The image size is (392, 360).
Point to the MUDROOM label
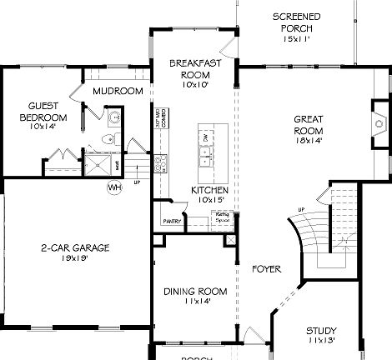pyautogui.click(x=118, y=91)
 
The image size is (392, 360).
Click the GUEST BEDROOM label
pyautogui.click(x=43, y=112)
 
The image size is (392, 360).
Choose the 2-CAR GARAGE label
pyautogui.click(x=75, y=247)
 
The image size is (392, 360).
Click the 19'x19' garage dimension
pyautogui.click(x=75, y=259)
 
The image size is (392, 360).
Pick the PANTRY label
pyautogui.click(x=173, y=222)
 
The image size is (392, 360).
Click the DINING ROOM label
pyautogui.click(x=195, y=291)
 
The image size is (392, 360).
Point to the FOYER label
pyautogui.click(x=266, y=269)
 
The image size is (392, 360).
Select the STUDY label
pyautogui.click(x=320, y=330)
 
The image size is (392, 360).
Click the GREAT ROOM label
pyautogui.click(x=308, y=124)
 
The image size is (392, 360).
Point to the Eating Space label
pyautogui.click(x=223, y=217)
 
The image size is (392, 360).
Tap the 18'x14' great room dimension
pyautogui.click(x=308, y=141)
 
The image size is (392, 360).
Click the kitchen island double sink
pyautogui.click(x=205, y=152)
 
